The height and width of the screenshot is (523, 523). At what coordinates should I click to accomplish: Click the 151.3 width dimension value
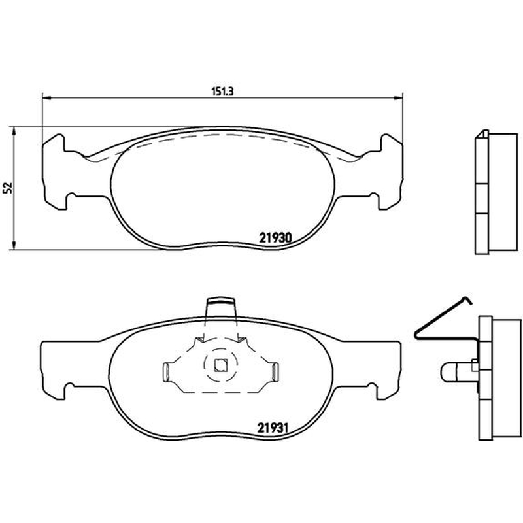[222, 91]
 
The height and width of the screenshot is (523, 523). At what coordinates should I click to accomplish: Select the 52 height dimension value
[8, 188]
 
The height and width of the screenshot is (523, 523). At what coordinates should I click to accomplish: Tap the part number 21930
[275, 237]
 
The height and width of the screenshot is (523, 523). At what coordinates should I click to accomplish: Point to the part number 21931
[273, 428]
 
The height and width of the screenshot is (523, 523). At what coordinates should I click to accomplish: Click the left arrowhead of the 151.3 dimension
[46, 97]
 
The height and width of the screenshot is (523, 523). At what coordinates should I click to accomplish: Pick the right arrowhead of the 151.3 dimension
[399, 97]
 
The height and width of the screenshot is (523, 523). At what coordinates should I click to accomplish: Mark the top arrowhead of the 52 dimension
[14, 131]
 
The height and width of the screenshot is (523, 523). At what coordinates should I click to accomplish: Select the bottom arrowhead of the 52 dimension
[14, 245]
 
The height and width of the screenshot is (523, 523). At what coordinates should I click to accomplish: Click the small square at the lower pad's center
[220, 365]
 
